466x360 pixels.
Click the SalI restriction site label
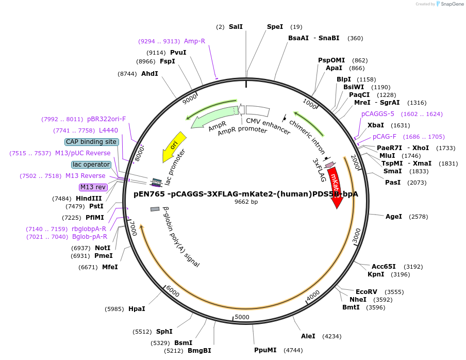[236, 27]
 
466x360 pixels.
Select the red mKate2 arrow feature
[335, 187]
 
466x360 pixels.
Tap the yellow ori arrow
[174, 145]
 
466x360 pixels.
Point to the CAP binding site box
[92, 142]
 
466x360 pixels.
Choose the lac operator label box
[91, 165]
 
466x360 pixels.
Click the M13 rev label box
[93, 187]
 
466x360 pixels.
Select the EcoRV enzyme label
[367, 291]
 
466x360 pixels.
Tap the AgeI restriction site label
[394, 217]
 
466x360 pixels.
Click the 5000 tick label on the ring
[242, 317]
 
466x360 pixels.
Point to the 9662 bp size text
[246, 202]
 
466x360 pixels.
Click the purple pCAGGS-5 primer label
[378, 114]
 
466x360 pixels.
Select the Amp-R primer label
[194, 41]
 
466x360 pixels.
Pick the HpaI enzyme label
[137, 309]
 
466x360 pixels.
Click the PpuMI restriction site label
[265, 350]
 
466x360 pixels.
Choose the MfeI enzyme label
[110, 267]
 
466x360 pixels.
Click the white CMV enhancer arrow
[257, 110]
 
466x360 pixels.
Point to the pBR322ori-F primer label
[106, 119]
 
